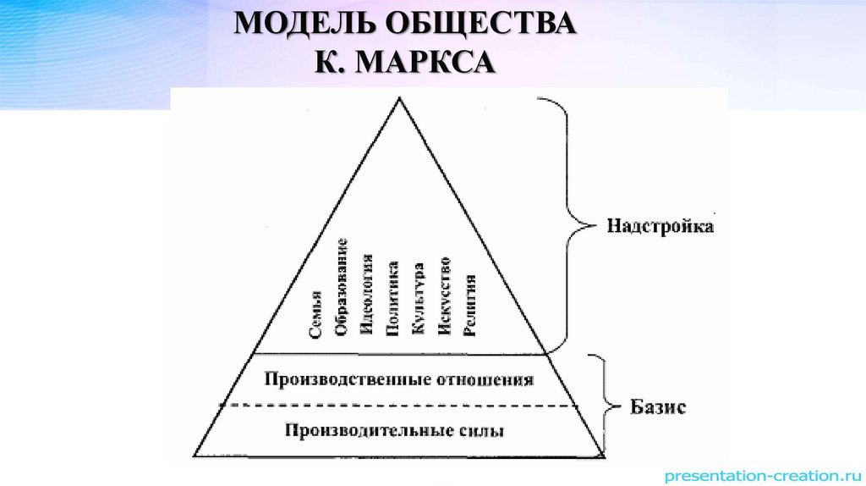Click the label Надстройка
659,227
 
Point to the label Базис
658,407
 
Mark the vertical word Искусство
444,296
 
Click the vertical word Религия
470,306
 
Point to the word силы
485,430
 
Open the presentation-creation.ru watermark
760,475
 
